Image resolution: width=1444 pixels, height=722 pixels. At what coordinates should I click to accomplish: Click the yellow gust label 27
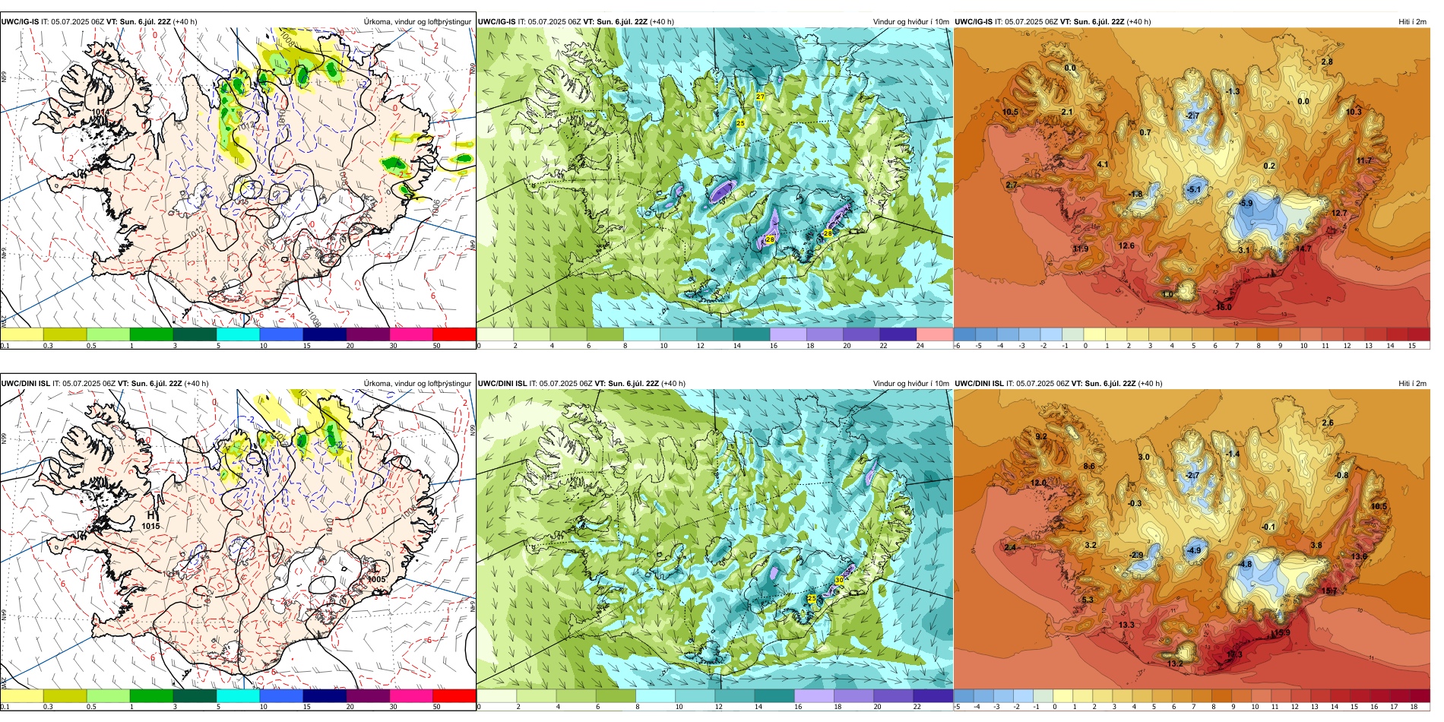click(760, 97)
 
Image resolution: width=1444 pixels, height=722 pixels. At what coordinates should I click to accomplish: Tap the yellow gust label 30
click(839, 580)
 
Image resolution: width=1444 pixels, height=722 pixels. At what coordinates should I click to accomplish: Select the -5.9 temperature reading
click(1246, 204)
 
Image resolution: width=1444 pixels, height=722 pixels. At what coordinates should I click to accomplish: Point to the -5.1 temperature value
click(1194, 190)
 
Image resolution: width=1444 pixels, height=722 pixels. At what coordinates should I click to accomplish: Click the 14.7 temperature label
click(1303, 249)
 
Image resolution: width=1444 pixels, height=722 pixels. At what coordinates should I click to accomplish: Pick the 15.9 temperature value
click(1282, 632)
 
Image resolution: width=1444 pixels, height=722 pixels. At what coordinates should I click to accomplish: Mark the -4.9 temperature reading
click(1194, 550)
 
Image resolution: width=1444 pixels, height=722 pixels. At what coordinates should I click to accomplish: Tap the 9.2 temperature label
click(1041, 436)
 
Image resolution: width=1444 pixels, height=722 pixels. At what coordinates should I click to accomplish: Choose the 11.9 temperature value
click(1080, 249)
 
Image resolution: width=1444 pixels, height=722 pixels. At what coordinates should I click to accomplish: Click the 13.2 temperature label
click(1175, 663)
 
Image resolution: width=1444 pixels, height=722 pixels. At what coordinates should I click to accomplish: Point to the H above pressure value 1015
click(150, 515)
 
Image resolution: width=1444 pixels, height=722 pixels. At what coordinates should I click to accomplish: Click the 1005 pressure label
click(376, 579)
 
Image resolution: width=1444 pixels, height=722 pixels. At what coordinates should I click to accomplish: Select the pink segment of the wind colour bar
click(935, 334)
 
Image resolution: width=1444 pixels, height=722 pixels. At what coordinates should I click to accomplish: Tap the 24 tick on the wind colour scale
click(920, 346)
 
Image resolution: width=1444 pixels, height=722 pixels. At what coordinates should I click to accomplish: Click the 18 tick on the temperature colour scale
click(1414, 707)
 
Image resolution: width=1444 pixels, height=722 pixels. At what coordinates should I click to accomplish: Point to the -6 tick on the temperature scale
click(958, 346)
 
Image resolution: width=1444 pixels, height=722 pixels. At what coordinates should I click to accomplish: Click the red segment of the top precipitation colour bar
click(454, 334)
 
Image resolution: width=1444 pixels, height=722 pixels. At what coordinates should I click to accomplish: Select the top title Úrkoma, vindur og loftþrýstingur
click(417, 21)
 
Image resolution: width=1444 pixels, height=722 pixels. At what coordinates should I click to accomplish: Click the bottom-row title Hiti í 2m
click(1412, 383)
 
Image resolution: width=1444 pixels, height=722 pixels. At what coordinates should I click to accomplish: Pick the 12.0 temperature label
click(1038, 483)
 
